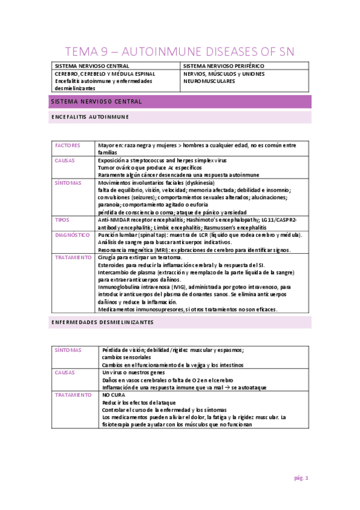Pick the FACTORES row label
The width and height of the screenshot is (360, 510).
point(67,146)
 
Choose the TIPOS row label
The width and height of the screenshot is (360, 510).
point(63,220)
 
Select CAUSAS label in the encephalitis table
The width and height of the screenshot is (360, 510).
point(65,161)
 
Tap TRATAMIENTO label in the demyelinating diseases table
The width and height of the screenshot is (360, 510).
point(73,395)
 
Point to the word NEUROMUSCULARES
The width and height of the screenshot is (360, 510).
point(210,81)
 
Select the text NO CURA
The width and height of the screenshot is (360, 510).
point(114,395)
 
